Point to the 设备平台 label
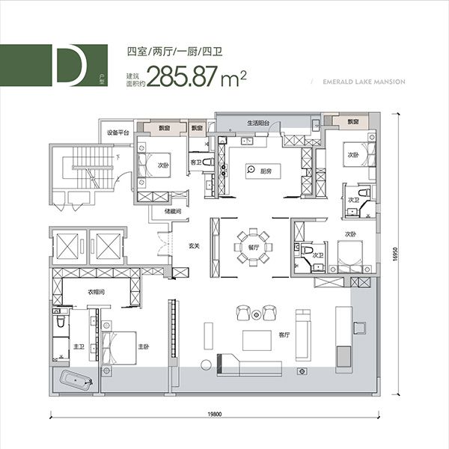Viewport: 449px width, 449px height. [x=118, y=132]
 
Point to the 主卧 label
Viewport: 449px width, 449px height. [x=144, y=346]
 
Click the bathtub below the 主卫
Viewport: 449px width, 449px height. [x=75, y=382]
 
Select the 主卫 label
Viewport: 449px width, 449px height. [x=79, y=346]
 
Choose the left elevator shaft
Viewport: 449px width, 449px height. [x=65, y=245]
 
